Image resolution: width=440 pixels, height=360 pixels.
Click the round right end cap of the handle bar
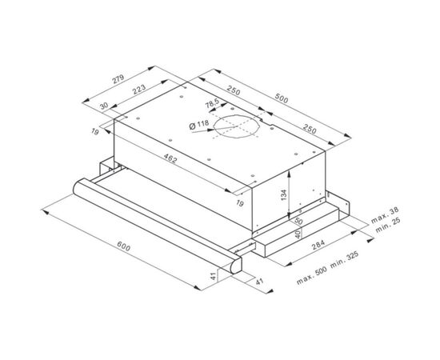click(x=234, y=266)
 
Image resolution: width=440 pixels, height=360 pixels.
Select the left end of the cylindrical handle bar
click(x=77, y=190)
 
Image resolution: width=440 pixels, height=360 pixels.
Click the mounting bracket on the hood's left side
click(x=102, y=170)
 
